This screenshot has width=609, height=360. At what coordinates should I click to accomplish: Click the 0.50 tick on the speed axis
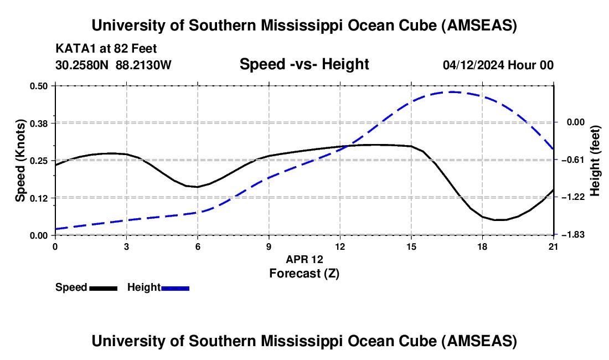pos(39,86)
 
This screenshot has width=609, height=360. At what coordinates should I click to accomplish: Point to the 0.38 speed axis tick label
pos(39,122)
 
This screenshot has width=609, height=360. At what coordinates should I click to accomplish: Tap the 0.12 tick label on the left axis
pos(39,198)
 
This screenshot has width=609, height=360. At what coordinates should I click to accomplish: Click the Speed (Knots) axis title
pos(20,161)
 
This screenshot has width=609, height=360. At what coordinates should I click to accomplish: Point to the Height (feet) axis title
pos(595,161)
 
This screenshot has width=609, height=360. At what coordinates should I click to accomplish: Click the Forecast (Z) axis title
pos(304,273)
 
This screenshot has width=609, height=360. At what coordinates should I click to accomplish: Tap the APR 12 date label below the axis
pos(304,259)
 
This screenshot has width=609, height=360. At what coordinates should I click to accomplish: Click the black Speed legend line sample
pos(103,287)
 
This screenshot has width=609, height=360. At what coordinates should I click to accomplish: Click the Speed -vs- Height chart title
pos(304,65)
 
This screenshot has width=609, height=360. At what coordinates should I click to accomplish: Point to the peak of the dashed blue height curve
pos(452,92)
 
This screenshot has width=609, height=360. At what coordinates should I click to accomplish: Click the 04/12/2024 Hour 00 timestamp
pos(498,65)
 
